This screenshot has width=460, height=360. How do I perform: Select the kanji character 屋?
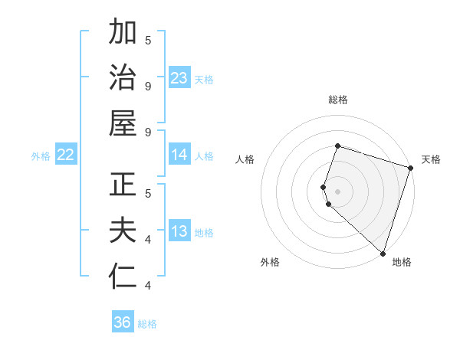click(123, 123)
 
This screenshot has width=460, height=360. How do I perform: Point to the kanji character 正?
click(123, 186)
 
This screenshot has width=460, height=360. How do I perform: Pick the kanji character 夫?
click(123, 232)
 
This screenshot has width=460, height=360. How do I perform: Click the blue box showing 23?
click(179, 78)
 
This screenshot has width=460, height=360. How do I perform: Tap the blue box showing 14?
click(179, 155)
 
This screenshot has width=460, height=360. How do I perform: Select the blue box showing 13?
click(179, 232)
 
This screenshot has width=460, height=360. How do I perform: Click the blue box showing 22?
click(66, 155)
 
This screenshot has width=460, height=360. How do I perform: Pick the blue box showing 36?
click(123, 323)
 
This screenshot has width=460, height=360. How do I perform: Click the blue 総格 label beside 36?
click(147, 324)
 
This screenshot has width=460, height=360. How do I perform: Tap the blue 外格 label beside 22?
click(41, 156)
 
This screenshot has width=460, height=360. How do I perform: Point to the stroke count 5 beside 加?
click(148, 40)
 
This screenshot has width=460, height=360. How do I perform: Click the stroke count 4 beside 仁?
click(148, 286)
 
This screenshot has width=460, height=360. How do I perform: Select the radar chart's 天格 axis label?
click(431, 159)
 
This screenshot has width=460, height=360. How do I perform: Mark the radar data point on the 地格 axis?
click(383, 253)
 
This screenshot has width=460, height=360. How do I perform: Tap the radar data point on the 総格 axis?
click(337, 146)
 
